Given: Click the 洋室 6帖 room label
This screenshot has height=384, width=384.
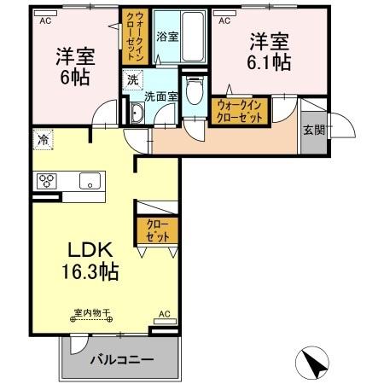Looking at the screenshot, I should click(74, 65).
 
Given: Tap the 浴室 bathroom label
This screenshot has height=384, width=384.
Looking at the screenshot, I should click(167, 38).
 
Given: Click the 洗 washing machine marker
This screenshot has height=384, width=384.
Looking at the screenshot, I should click(132, 79).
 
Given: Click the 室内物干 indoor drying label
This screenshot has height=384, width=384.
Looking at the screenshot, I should click(88, 312).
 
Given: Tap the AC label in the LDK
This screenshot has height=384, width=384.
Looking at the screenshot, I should click(165, 313).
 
